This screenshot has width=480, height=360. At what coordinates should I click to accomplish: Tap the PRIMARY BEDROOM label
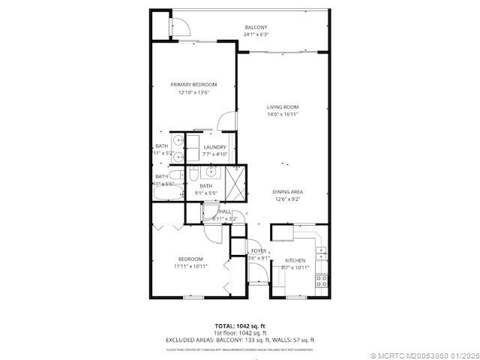tap(193, 85)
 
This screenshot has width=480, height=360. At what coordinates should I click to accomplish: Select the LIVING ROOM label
tap(283, 107)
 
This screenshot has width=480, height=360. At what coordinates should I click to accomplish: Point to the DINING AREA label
tap(287, 192)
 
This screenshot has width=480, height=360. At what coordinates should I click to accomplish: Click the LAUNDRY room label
tap(214, 147)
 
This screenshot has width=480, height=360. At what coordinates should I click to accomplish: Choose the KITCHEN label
tap(295, 261)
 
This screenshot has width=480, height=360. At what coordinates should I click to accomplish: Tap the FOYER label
tap(259, 250)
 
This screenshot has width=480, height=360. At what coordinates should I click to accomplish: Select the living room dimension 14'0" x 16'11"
tap(283, 115)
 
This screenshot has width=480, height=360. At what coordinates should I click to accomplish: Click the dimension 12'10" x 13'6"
tap(193, 92)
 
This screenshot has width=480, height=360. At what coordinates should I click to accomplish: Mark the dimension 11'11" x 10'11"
tap(190, 265)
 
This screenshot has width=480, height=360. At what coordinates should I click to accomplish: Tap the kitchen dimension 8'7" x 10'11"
tap(295, 268)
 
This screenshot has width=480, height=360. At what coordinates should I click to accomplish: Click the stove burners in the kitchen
tap(321, 282)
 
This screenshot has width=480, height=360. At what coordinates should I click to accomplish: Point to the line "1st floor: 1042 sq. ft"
tap(240, 333)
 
